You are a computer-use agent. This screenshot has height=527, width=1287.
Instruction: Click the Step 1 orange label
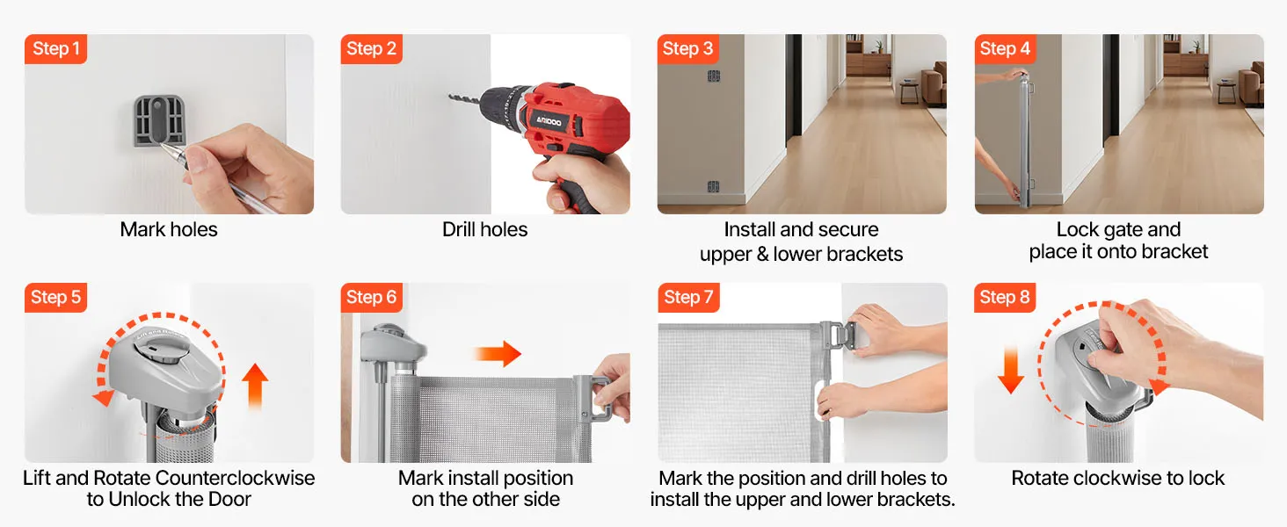[55, 49]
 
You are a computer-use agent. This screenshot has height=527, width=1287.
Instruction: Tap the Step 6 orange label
[371, 298]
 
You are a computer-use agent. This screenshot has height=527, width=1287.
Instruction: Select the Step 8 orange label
[1005, 298]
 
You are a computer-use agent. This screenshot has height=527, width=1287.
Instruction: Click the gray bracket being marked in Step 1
[159, 120]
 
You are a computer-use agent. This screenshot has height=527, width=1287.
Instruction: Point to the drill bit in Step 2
[465, 100]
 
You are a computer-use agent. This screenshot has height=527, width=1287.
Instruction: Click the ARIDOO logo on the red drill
[549, 121]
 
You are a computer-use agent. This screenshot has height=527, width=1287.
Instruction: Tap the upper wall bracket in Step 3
[714, 76]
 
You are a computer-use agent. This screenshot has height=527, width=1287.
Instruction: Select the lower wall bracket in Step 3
[713, 186]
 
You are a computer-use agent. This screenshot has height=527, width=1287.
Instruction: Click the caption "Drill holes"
[485, 229]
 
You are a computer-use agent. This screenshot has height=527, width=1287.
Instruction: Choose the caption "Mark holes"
[169, 229]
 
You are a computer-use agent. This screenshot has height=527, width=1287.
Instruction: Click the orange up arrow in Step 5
[255, 386]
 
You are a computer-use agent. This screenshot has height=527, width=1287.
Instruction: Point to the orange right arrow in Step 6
[498, 354]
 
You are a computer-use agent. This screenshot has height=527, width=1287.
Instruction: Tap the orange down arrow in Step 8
[1011, 371]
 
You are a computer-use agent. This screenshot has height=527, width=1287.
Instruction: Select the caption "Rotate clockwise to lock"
[1118, 478]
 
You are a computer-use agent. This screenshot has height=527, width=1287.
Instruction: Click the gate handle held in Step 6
[592, 398]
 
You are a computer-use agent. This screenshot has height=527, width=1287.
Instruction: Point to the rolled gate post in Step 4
[1023, 141]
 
